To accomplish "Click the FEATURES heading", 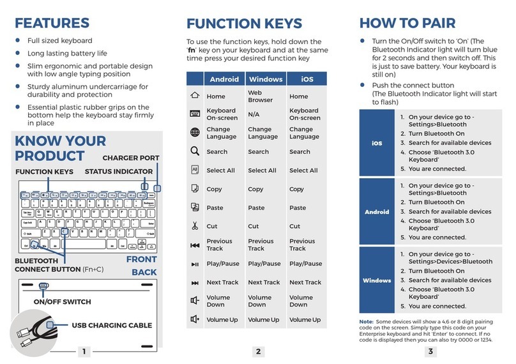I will pyautogui.click(x=53, y=23).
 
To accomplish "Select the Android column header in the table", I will pyautogui.click(x=224, y=79).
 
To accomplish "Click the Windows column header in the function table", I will pyautogui.click(x=265, y=79).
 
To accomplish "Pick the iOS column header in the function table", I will pyautogui.click(x=306, y=79).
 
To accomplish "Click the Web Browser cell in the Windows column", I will pyautogui.click(x=260, y=96).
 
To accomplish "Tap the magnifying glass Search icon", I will pyautogui.click(x=195, y=151).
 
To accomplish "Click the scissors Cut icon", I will pyautogui.click(x=195, y=226).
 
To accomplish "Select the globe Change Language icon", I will pyautogui.click(x=195, y=133).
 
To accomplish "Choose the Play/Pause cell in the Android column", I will pyautogui.click(x=223, y=264).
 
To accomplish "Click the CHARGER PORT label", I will pyautogui.click(x=131, y=158).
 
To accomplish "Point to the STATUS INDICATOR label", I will pyautogui.click(x=118, y=171).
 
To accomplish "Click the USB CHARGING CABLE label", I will pyautogui.click(x=111, y=325).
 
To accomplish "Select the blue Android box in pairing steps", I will pyautogui.click(x=377, y=212).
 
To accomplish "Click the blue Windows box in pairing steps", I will pyautogui.click(x=377, y=280).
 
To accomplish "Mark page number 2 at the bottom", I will pyautogui.click(x=257, y=351).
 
